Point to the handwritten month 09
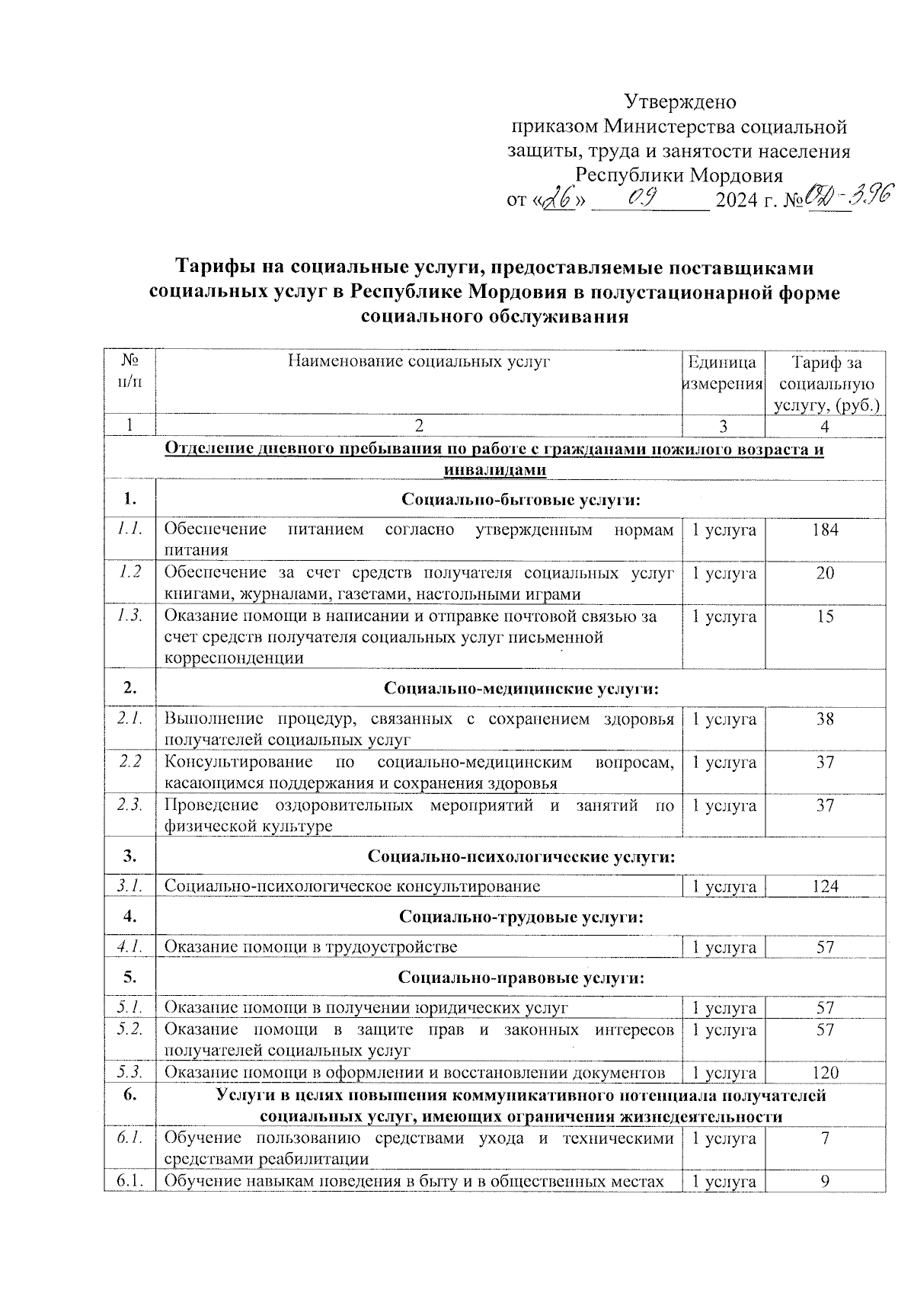tap(648, 197)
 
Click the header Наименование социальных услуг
tap(418, 362)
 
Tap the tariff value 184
tap(825, 530)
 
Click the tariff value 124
tap(825, 886)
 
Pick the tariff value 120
tap(825, 1073)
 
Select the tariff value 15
tap(825, 616)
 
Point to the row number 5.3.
tap(130, 1073)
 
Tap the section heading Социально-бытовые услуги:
tap(520, 500)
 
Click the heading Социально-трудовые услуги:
tap(521, 917)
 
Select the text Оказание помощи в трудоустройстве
tap(311, 947)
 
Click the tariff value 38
tap(825, 719)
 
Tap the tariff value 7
tap(825, 1138)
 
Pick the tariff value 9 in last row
tap(825, 1182)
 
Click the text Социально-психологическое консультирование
tap(352, 886)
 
